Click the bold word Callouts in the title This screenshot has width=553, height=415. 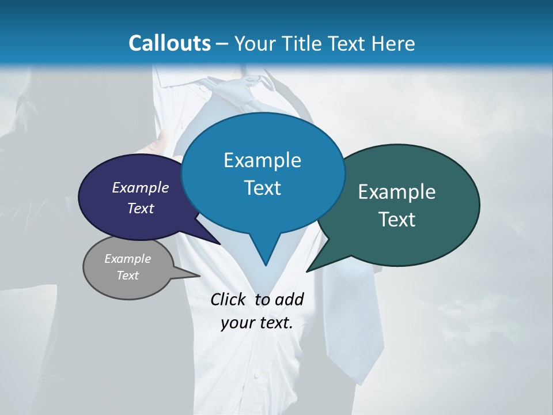tap(169, 43)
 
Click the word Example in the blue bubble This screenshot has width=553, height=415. tap(262, 160)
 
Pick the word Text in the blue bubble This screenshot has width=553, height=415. tap(262, 188)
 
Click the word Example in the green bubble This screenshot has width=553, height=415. tap(397, 192)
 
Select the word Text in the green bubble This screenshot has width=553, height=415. tap(397, 220)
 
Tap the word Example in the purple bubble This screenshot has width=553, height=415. tap(140, 187)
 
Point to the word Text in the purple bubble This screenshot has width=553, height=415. tap(140, 208)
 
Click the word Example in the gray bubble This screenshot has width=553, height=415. tap(127, 259)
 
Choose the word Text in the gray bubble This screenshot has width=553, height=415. tap(127, 276)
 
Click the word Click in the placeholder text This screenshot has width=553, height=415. tap(229, 299)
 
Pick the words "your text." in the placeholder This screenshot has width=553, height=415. tap(257, 323)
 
